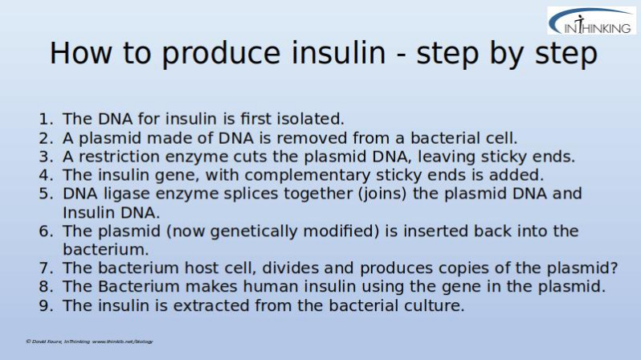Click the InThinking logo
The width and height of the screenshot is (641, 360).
coord(591,21)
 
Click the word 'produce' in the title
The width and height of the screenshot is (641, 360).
coord(221,54)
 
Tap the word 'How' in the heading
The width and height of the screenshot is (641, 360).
coord(80,53)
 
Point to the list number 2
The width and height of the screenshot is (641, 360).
coord(46,138)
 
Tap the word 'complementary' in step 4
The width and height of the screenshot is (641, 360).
coord(307,176)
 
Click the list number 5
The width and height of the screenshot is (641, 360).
coord(46,194)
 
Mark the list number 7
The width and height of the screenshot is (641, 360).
coord(46,268)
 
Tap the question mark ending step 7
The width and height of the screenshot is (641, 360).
coord(614,268)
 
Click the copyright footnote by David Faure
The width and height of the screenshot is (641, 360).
coord(89,342)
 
